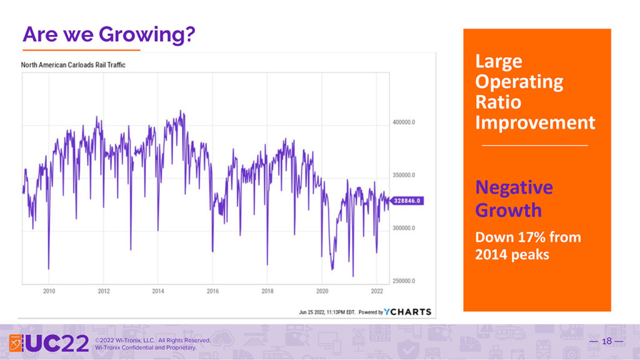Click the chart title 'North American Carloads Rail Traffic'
(x=73, y=65)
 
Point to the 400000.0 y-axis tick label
(x=405, y=122)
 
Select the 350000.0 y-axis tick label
(x=405, y=176)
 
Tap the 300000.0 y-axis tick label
(x=405, y=229)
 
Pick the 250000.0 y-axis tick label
(x=405, y=281)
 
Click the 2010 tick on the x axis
(x=49, y=291)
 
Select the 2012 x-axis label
(x=104, y=291)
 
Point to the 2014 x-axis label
(x=158, y=291)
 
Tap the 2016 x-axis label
(x=212, y=291)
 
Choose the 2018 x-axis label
(x=267, y=291)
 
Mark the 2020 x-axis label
(x=322, y=291)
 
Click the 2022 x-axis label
(x=376, y=291)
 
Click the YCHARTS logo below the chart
(x=407, y=311)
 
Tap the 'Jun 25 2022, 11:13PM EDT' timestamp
(x=327, y=312)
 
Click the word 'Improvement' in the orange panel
(x=535, y=122)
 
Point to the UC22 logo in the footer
(x=49, y=342)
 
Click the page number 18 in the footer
(x=606, y=341)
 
